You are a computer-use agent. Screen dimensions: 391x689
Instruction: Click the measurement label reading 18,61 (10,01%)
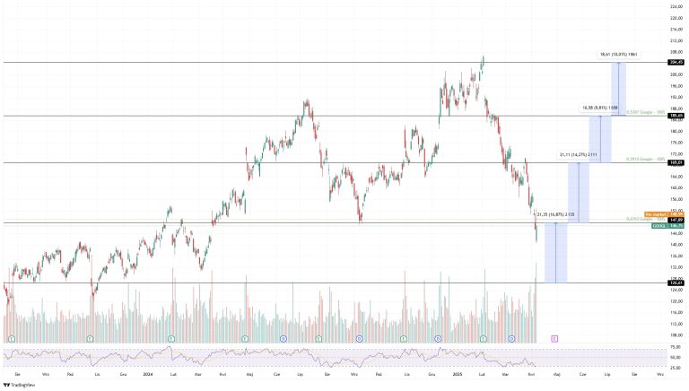point(619,55)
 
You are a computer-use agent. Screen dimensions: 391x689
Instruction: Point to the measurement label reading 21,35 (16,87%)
point(554,214)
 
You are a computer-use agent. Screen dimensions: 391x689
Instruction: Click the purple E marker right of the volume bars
point(555,337)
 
